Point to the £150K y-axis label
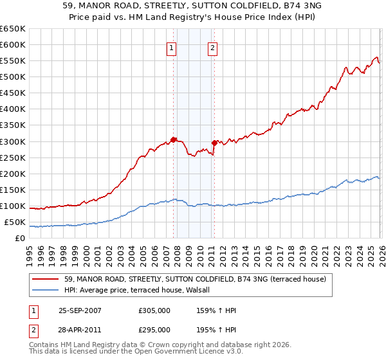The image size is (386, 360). pyautogui.click(x=13, y=190)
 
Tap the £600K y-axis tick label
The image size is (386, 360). pyautogui.click(x=13, y=44)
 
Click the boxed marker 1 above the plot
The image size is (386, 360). pyautogui.click(x=172, y=47)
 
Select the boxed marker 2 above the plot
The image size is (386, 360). pyautogui.click(x=212, y=47)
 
